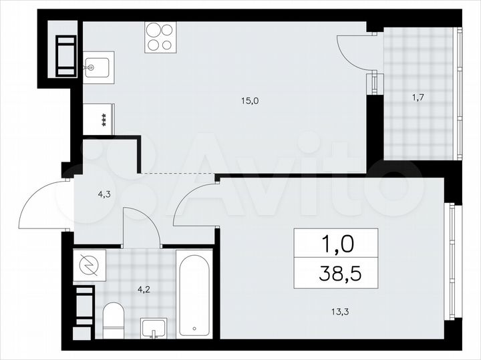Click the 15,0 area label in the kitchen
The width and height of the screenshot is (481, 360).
click(250, 101)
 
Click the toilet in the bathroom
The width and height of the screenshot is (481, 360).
click(115, 321)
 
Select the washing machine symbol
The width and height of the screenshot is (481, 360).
click(89, 266)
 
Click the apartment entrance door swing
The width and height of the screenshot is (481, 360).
click(41, 204)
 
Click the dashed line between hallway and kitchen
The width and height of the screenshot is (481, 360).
click(178, 175)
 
